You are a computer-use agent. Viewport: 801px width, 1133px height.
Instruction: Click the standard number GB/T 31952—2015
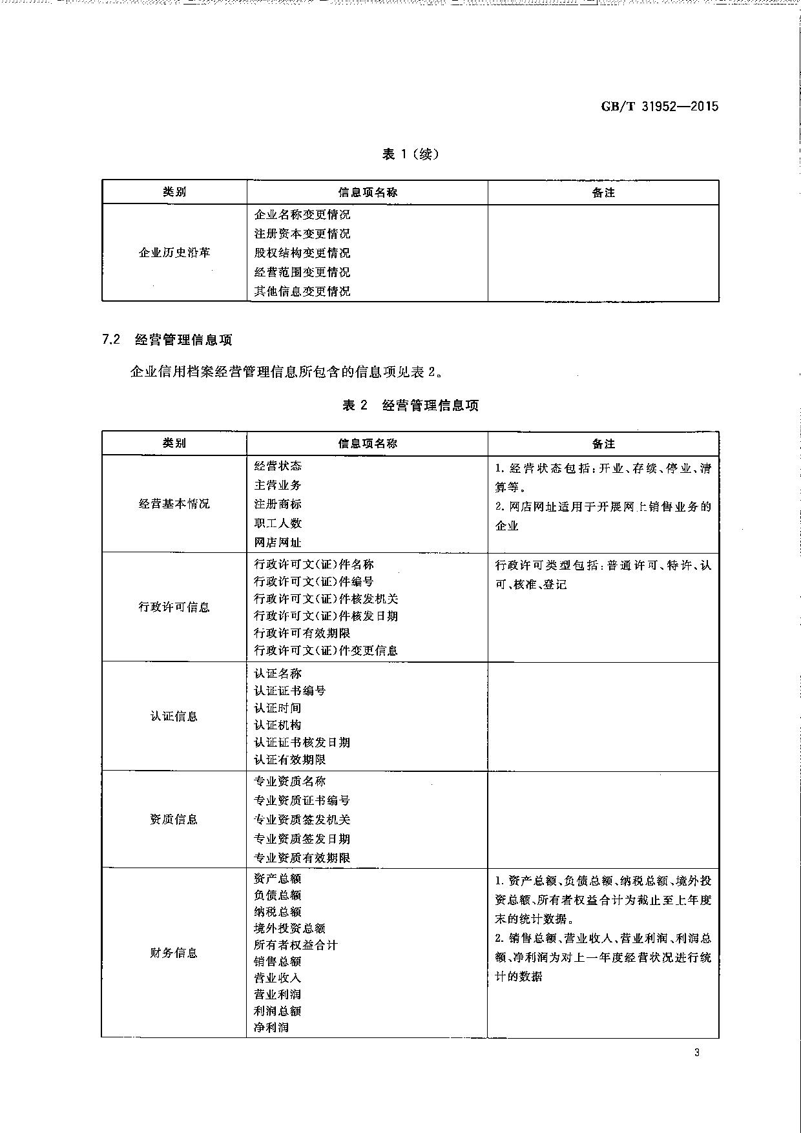660,107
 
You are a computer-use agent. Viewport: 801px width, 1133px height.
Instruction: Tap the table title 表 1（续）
410,154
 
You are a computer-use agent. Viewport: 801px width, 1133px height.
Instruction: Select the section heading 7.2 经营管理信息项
167,339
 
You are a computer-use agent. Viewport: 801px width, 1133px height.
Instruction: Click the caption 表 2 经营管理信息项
410,405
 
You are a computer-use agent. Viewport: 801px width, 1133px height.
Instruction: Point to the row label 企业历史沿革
174,253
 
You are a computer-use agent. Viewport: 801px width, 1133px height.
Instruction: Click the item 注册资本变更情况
302,233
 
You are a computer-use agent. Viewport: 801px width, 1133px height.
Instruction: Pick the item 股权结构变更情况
302,253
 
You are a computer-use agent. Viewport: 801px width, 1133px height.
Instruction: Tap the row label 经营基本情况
174,504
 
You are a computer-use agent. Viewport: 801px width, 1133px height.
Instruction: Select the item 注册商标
278,504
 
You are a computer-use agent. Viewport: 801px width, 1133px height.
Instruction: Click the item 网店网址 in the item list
278,543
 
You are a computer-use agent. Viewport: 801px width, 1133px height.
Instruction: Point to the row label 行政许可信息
174,607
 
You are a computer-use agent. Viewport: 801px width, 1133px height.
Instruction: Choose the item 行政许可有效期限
302,633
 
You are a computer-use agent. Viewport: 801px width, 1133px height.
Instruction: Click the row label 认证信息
174,716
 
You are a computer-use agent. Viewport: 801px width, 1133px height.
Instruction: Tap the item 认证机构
278,725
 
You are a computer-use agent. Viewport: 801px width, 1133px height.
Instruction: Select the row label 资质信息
174,820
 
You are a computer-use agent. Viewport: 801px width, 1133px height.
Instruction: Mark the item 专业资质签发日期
302,838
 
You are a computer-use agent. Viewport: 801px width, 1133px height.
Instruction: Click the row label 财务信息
174,953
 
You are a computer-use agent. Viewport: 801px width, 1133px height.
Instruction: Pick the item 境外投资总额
290,928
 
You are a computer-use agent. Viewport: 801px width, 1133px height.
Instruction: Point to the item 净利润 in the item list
271,1027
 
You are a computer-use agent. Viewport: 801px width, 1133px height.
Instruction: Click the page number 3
696,1053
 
